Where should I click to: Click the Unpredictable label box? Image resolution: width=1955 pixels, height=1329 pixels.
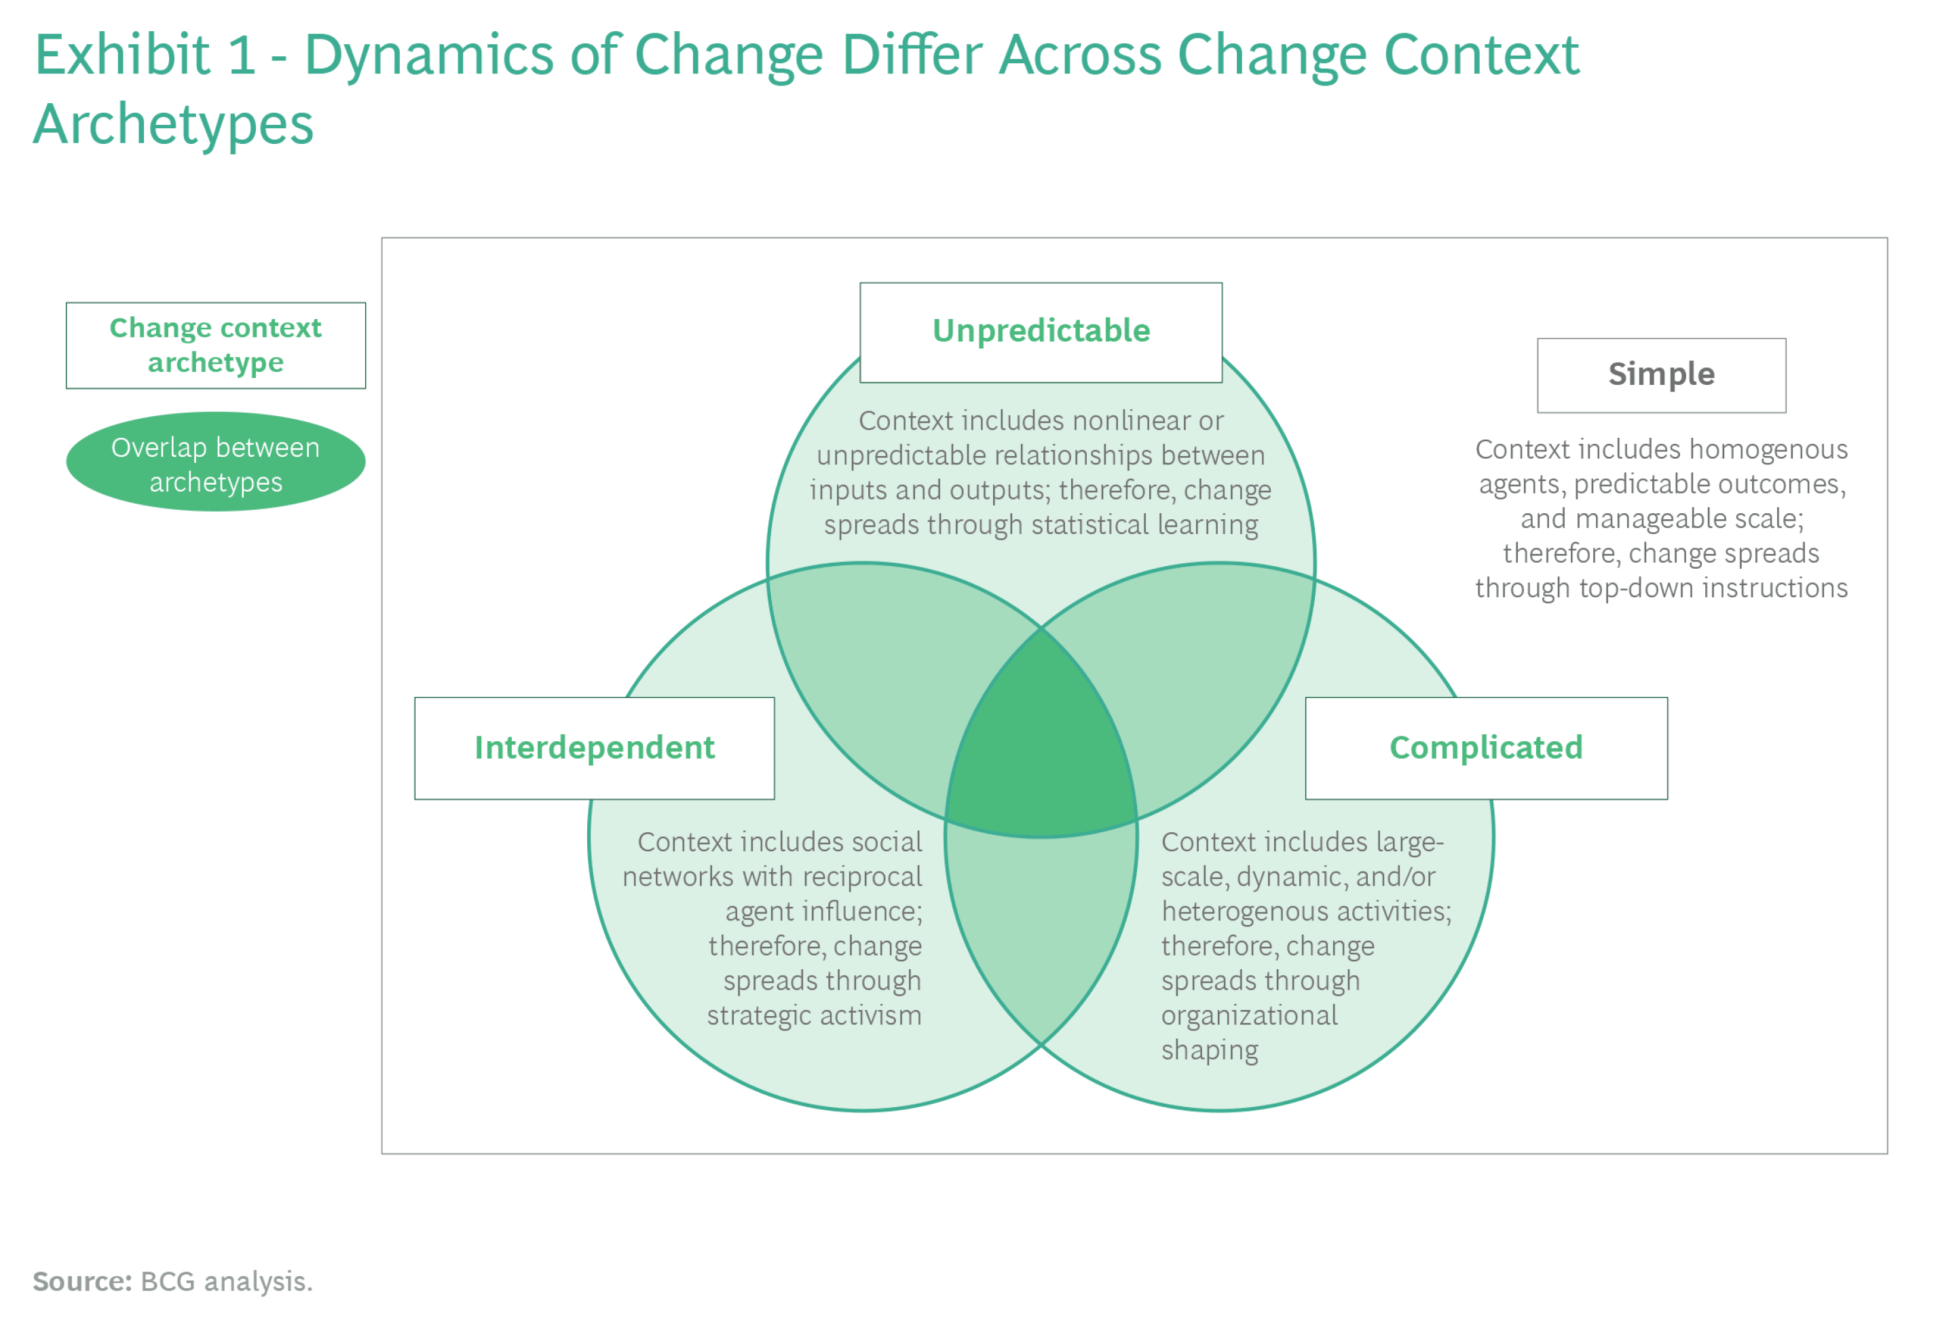point(1041,333)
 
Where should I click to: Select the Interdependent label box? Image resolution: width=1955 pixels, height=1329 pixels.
point(594,748)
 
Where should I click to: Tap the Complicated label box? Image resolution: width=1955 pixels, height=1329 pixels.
point(1486,748)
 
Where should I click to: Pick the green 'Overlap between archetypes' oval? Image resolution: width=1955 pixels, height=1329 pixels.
point(215,461)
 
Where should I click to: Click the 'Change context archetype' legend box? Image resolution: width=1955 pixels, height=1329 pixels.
point(215,345)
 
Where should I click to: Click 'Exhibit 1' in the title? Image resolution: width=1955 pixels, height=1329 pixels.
point(145,56)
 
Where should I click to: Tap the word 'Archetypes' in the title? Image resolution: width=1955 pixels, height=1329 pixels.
point(173,124)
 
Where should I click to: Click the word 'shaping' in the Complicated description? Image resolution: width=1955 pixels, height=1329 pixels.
point(1209,1051)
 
